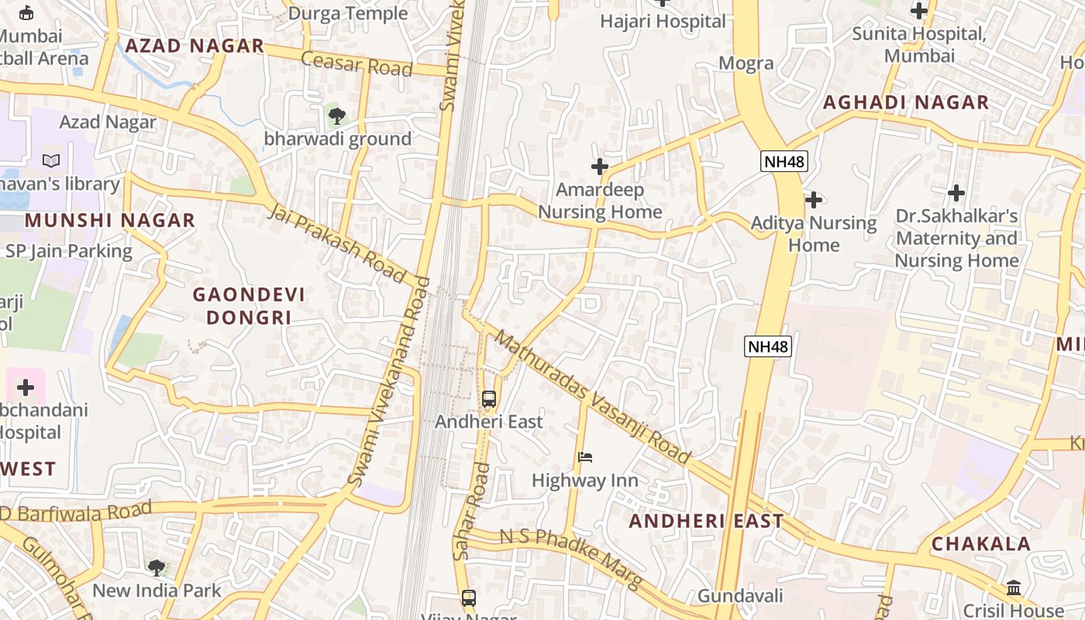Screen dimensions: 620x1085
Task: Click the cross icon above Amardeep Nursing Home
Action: (600, 167)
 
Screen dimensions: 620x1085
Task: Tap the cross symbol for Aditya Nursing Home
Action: (813, 200)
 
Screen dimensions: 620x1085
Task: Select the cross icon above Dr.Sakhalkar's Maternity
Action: (956, 192)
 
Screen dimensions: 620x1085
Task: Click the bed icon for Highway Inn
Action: (585, 457)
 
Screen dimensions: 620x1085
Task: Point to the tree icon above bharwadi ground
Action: (336, 116)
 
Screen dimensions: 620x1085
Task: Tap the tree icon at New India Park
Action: (157, 567)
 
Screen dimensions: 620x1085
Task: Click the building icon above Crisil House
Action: (1014, 587)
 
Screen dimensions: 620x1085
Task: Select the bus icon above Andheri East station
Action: (488, 399)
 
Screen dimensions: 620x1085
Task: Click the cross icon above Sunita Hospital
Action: (919, 11)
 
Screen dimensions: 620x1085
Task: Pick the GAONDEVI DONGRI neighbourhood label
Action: (248, 306)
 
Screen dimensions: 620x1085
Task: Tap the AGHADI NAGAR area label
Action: (905, 102)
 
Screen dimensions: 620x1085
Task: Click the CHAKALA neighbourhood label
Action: (980, 543)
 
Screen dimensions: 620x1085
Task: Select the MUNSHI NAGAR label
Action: (109, 220)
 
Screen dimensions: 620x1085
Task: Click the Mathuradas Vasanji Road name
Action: (592, 398)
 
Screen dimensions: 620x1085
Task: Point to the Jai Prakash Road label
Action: (337, 243)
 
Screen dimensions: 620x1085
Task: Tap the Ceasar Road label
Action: (356, 64)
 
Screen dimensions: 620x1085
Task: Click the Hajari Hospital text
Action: (663, 22)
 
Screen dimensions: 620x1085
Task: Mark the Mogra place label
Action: (746, 64)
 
